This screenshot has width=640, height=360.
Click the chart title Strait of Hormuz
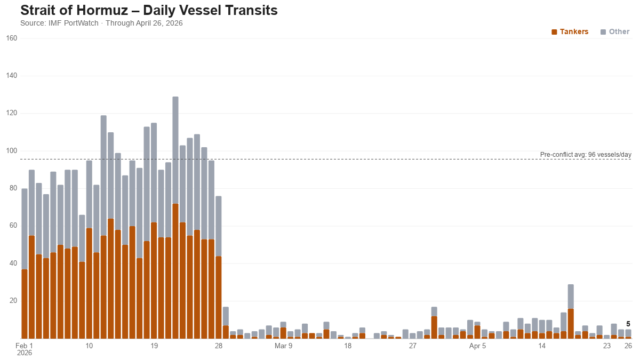point(149,11)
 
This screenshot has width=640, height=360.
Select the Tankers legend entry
point(570,31)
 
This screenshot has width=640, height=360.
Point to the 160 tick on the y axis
point(12,38)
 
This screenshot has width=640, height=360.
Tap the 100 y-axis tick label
point(12,151)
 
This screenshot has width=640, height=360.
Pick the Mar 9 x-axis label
point(283,346)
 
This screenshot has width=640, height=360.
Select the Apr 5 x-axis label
point(477,346)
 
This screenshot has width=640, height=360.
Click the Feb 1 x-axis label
point(24,346)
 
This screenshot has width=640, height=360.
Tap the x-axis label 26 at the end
point(628,346)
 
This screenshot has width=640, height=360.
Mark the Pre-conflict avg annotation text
point(585,155)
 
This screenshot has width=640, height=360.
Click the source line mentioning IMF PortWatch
point(101,23)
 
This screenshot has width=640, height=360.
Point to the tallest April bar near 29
point(571,312)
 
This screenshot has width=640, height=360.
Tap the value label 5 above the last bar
point(628,324)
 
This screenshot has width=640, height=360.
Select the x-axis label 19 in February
point(154,346)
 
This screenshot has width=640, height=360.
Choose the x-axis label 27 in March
point(412,346)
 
